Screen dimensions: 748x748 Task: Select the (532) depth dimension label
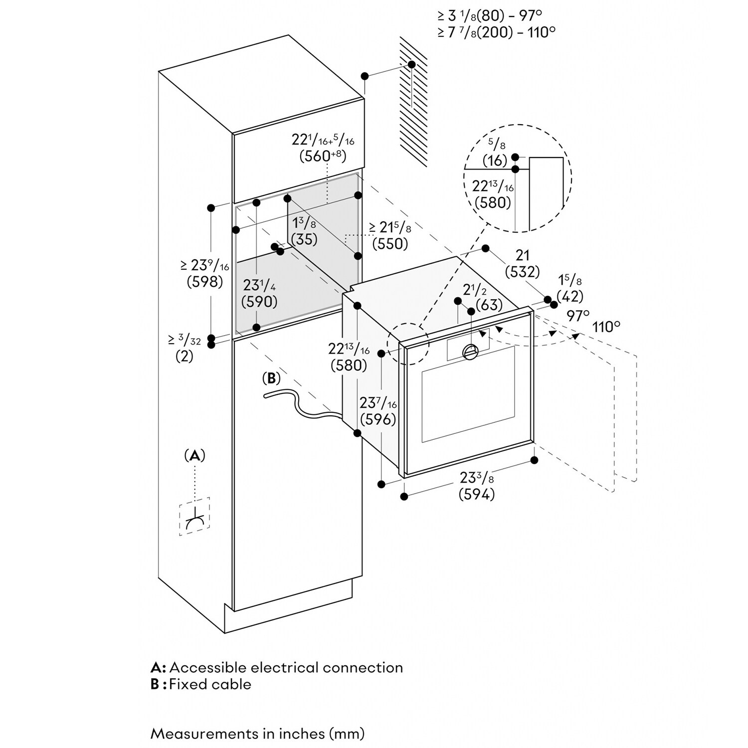pos(522,272)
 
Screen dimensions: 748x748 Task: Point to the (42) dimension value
pos(570,296)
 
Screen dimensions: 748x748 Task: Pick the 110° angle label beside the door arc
pos(606,327)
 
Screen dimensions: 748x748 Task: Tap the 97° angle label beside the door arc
pos(578,315)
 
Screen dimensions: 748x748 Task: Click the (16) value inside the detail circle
pos(494,161)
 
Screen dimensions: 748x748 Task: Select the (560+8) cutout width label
pos(323,156)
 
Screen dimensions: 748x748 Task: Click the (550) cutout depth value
pos(390,244)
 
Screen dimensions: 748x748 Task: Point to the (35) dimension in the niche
pos(304,239)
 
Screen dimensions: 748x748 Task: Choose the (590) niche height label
pos(259,301)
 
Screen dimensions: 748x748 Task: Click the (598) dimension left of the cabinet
pos(204,282)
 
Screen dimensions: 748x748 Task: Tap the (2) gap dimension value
pos(184,357)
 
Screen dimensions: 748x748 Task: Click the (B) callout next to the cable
pos(271,378)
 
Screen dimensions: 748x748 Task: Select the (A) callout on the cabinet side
pos(194,455)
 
